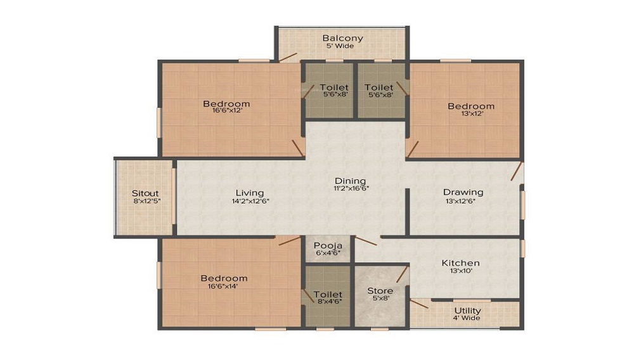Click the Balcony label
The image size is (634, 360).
[x=342, y=38]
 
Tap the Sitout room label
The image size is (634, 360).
[x=145, y=193]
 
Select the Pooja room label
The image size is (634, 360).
[x=328, y=245]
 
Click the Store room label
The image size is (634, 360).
[x=380, y=291]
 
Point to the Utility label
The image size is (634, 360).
[x=467, y=311]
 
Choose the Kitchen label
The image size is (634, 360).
[x=460, y=262]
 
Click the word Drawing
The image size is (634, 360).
[x=463, y=192]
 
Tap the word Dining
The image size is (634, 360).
[x=351, y=181]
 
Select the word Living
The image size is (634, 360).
[x=250, y=193]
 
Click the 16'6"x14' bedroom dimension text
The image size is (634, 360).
[x=224, y=286]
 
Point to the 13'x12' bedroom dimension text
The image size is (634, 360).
[x=470, y=114]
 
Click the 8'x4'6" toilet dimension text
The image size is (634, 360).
[x=327, y=302]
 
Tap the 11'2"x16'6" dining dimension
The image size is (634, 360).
[x=351, y=188]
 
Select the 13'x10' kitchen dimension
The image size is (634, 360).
[x=460, y=271]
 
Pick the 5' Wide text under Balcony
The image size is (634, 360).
[x=342, y=46]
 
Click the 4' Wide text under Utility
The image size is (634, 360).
[x=467, y=318]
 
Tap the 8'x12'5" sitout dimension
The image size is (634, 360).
[x=145, y=201]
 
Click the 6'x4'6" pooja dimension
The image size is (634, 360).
[x=328, y=253]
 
